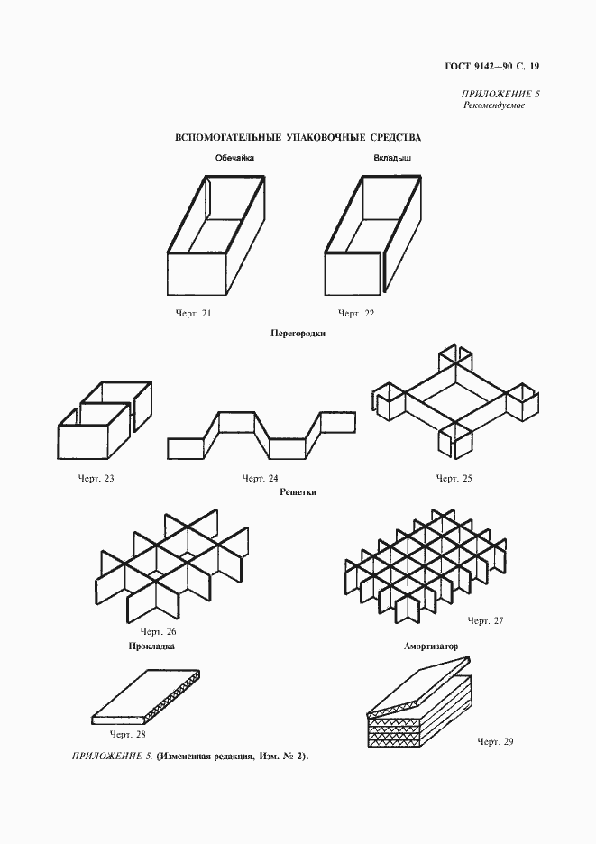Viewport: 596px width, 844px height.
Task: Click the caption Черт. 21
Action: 194,313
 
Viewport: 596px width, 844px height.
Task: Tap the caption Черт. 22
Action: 356,313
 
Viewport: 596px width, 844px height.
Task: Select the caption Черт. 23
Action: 96,478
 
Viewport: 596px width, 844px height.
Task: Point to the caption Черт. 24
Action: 261,478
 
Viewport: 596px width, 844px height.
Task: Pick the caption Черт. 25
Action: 454,478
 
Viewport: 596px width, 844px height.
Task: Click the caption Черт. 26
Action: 157,631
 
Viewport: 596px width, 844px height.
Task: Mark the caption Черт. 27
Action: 485,620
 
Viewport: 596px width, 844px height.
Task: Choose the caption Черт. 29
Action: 494,740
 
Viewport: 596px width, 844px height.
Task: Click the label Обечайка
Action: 235,159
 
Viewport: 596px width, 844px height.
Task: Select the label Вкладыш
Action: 392,159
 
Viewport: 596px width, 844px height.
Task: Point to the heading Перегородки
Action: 298,333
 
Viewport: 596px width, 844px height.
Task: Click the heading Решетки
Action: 298,492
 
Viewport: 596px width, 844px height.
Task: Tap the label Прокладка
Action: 151,646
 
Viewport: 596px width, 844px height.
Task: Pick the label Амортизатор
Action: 431,646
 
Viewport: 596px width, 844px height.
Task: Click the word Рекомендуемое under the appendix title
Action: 495,105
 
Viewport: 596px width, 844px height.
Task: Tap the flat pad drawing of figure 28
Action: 147,700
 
